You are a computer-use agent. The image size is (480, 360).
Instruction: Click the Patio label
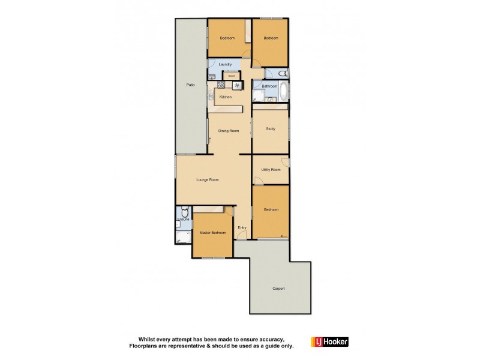click(x=190, y=85)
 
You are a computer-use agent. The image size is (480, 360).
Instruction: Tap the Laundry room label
click(x=225, y=64)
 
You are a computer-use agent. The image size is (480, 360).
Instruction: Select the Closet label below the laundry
click(x=231, y=76)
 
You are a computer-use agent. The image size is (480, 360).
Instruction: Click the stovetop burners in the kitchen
click(x=238, y=85)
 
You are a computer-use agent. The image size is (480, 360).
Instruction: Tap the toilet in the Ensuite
click(x=185, y=212)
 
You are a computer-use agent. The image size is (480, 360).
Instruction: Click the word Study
click(x=270, y=128)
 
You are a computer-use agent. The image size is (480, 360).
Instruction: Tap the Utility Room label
click(x=271, y=170)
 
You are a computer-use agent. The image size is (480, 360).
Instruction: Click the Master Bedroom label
click(x=212, y=233)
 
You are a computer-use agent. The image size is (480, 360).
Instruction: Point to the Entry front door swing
click(x=240, y=212)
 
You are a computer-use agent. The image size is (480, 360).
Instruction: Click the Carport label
click(x=278, y=289)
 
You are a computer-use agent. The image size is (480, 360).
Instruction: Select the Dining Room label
click(x=229, y=131)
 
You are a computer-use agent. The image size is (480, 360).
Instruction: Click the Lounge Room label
click(x=208, y=179)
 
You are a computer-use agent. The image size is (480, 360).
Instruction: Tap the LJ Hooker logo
click(x=329, y=342)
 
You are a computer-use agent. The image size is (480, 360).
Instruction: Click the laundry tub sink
click(x=212, y=75)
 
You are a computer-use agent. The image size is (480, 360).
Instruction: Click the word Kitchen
click(x=225, y=97)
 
